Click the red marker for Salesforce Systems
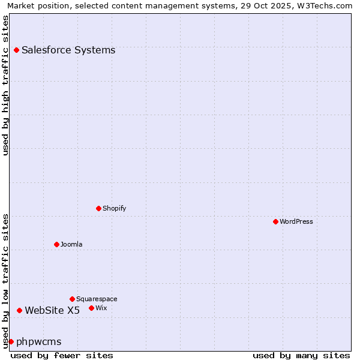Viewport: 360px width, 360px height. click(x=16, y=50)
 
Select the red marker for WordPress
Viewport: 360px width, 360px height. click(x=275, y=221)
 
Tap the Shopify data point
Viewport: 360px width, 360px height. click(x=98, y=208)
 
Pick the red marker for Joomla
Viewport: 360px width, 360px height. click(x=56, y=244)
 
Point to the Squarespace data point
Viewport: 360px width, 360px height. click(x=72, y=299)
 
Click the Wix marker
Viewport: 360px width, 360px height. click(x=91, y=308)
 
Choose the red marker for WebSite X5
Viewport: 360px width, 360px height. click(x=19, y=310)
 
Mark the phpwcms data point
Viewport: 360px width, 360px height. click(x=11, y=341)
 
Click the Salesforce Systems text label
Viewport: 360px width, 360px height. click(x=68, y=50)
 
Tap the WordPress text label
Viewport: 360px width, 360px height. click(x=296, y=221)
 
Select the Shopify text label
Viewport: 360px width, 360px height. click(x=114, y=208)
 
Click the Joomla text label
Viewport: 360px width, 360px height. click(x=71, y=244)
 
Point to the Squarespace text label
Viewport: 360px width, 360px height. click(x=97, y=299)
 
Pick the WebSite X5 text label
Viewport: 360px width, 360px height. click(x=52, y=310)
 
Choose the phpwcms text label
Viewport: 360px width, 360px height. click(x=39, y=341)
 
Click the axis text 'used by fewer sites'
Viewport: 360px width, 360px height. click(x=62, y=355)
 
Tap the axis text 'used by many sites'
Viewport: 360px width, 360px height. click(x=301, y=355)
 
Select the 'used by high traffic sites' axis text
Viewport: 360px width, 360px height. click(x=5, y=85)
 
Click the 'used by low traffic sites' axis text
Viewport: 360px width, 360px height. click(x=5, y=281)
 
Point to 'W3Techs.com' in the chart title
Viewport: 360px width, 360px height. click(x=325, y=5)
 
